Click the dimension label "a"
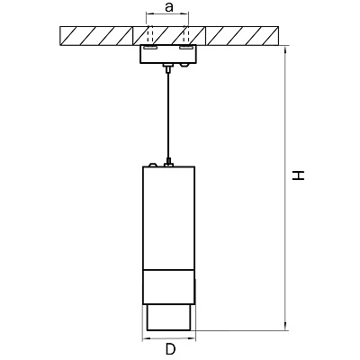click(169, 7)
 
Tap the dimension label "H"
click(299, 175)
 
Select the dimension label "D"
click(170, 349)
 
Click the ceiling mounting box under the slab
click(168, 54)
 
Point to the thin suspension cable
click(168, 116)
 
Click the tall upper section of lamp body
click(168, 218)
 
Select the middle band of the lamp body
click(168, 287)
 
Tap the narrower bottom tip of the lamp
click(168, 318)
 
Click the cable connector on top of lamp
click(168, 162)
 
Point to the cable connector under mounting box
click(168, 68)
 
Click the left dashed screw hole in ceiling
click(149, 34)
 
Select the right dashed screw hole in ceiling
click(186, 34)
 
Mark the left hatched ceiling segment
click(96, 36)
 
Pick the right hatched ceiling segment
click(242, 36)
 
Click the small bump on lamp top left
click(153, 165)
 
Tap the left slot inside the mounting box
click(149, 48)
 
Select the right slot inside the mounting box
click(186, 48)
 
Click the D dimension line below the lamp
click(168, 338)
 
